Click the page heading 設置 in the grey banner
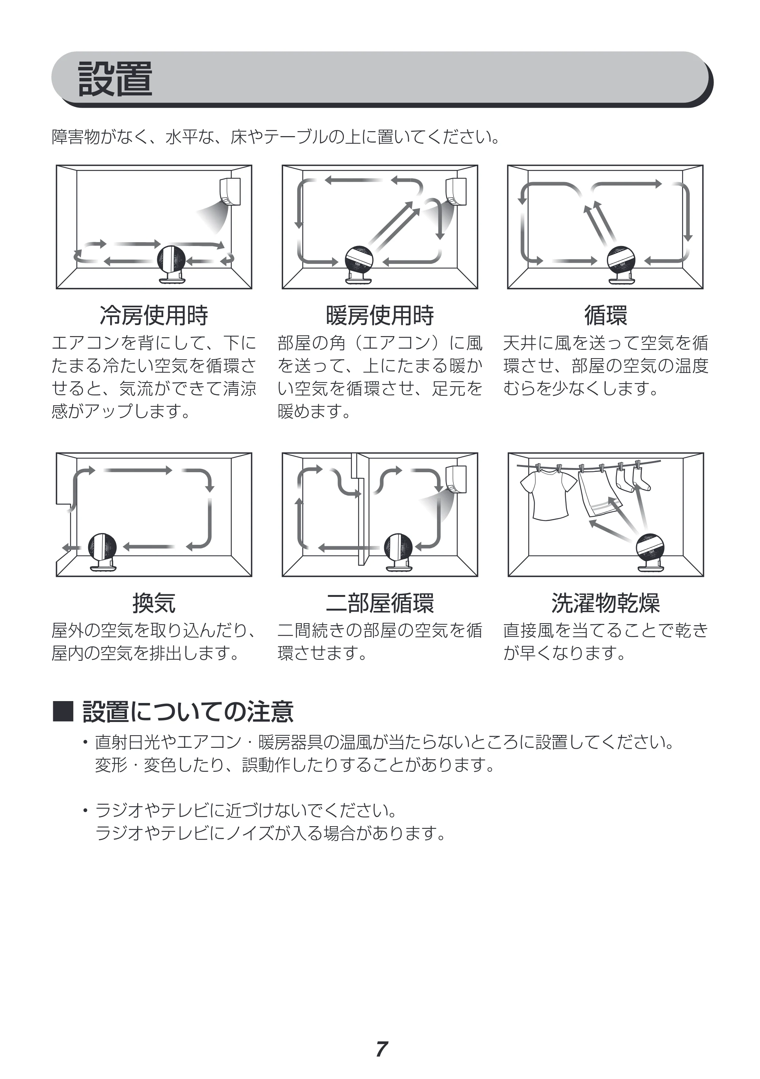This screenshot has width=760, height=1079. [115, 79]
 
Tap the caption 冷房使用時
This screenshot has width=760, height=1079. [154, 315]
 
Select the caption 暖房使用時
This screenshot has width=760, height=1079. [380, 315]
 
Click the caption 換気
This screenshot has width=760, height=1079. [154, 603]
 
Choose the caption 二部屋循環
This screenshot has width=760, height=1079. [380, 603]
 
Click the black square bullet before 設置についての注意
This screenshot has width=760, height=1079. [63, 711]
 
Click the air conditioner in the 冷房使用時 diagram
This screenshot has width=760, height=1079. [230, 191]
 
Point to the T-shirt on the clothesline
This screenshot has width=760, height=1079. [548, 496]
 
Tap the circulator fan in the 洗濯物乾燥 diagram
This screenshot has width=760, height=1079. [651, 552]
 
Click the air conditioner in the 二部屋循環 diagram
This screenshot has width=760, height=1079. [456, 479]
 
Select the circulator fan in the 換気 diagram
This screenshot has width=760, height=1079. [102, 552]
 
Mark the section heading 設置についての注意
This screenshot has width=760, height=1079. [188, 711]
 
